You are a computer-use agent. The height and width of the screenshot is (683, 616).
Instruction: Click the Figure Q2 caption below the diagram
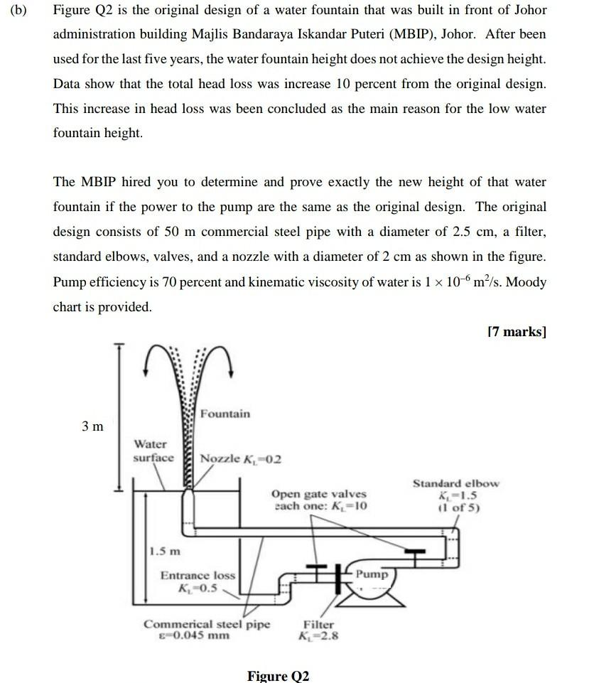coord(278,675)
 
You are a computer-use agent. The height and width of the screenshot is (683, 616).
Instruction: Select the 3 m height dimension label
coord(92,426)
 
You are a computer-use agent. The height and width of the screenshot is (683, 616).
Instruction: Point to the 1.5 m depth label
coord(166,551)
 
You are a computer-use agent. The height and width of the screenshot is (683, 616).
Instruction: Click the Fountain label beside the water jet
coord(225,414)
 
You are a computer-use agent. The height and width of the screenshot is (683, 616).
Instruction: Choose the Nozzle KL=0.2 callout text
coord(241,458)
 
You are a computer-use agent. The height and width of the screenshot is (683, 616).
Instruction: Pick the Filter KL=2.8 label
coord(319,630)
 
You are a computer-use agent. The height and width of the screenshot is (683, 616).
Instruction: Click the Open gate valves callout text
coord(319,500)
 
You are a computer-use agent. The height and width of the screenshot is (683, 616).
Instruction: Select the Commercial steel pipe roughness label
coord(207,630)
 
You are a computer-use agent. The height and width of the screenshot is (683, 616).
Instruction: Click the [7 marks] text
coord(517,331)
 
